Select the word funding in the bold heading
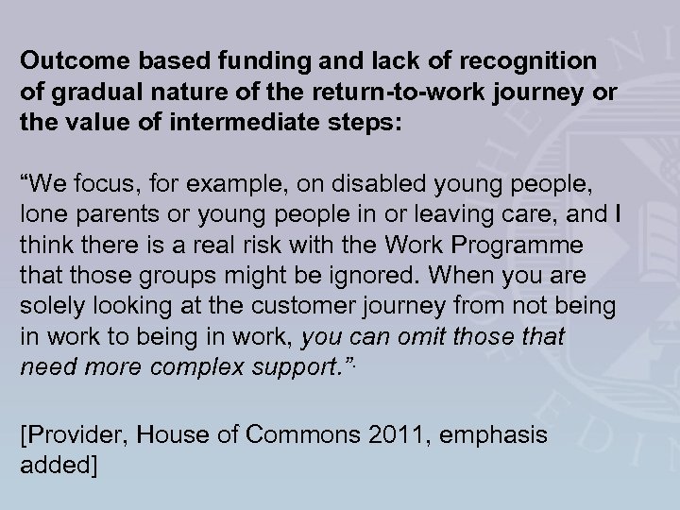pos(263,60)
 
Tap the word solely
pos(49,305)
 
